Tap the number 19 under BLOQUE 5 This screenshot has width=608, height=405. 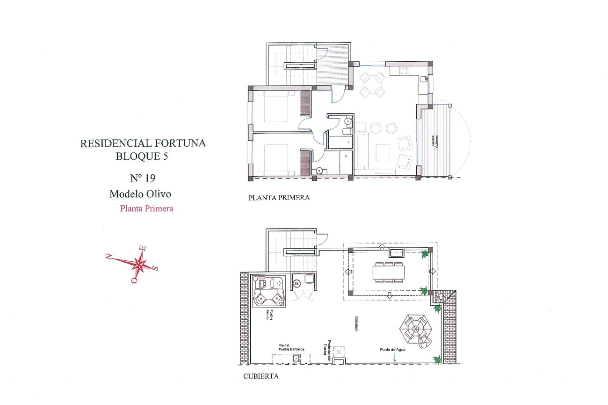[x=150, y=178]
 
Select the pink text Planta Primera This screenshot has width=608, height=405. [x=146, y=209]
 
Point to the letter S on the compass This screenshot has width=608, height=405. [x=155, y=268]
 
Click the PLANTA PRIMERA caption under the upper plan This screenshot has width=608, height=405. [x=279, y=198]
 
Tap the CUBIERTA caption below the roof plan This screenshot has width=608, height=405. [x=261, y=376]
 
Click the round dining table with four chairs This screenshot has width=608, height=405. [x=372, y=84]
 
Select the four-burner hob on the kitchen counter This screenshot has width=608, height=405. [x=404, y=71]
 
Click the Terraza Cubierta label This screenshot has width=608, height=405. [x=435, y=141]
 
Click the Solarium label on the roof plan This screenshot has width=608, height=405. [x=356, y=324]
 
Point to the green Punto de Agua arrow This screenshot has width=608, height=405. [x=395, y=357]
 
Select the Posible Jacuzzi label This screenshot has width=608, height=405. [x=269, y=315]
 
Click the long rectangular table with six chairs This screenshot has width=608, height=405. [x=389, y=272]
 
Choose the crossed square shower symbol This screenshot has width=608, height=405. [x=339, y=352]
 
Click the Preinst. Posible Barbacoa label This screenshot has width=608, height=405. [x=291, y=347]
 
